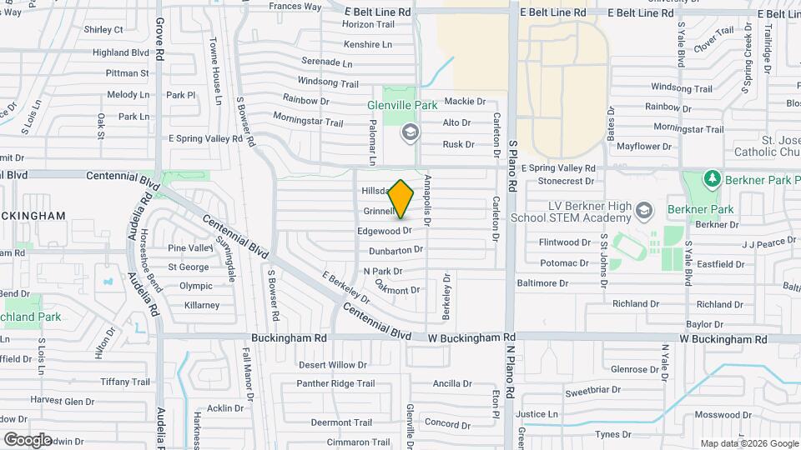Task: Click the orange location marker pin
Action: pos(401,199)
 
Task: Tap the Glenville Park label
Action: pos(403,106)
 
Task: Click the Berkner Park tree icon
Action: pos(712,179)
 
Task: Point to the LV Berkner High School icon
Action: pos(643,209)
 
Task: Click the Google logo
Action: pos(28,439)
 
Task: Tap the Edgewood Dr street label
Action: pos(385,230)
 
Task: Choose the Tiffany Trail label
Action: pos(124,382)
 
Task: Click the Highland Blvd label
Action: pos(121,52)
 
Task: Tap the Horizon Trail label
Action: pos(367,24)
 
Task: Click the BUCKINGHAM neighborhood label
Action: pos(34,216)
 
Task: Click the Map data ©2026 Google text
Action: pos(748,443)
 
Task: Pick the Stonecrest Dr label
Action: pos(567,180)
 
